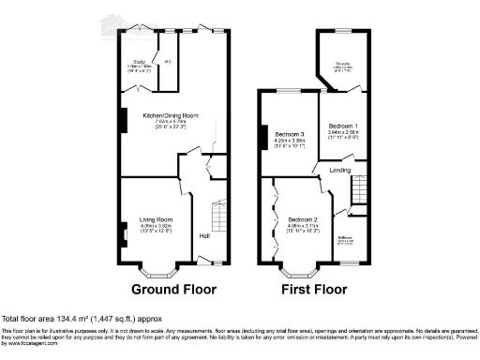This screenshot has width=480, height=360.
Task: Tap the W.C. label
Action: point(168,64)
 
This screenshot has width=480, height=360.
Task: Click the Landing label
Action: point(339,170)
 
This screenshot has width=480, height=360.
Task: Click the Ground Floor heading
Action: point(172,288)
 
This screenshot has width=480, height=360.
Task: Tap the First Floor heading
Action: point(316,288)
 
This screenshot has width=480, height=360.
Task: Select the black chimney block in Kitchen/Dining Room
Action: point(122,120)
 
